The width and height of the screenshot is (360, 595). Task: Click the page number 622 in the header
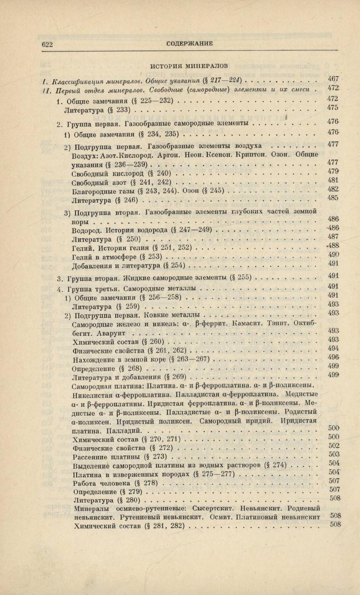[48, 44]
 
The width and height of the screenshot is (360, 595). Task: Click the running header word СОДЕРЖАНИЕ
[189, 43]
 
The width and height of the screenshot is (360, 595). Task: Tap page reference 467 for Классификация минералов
[333, 79]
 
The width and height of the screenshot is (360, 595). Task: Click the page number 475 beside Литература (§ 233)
[333, 107]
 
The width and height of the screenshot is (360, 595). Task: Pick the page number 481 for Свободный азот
[333, 180]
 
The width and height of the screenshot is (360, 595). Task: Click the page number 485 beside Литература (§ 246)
[333, 198]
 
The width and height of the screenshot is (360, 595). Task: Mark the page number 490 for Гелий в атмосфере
[333, 254]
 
